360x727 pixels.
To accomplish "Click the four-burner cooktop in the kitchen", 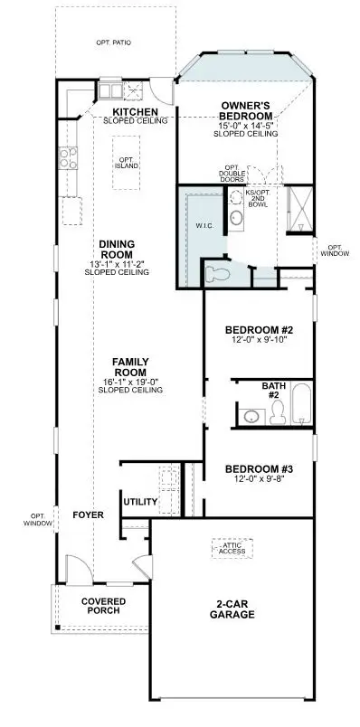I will (x=67, y=158).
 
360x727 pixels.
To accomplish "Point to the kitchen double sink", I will (x=111, y=90).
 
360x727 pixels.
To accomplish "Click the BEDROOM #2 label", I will (x=258, y=330).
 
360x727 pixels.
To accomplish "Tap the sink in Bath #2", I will (x=251, y=415).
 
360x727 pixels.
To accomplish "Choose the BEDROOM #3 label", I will (x=258, y=468).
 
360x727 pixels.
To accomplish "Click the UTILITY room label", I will (x=140, y=502).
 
